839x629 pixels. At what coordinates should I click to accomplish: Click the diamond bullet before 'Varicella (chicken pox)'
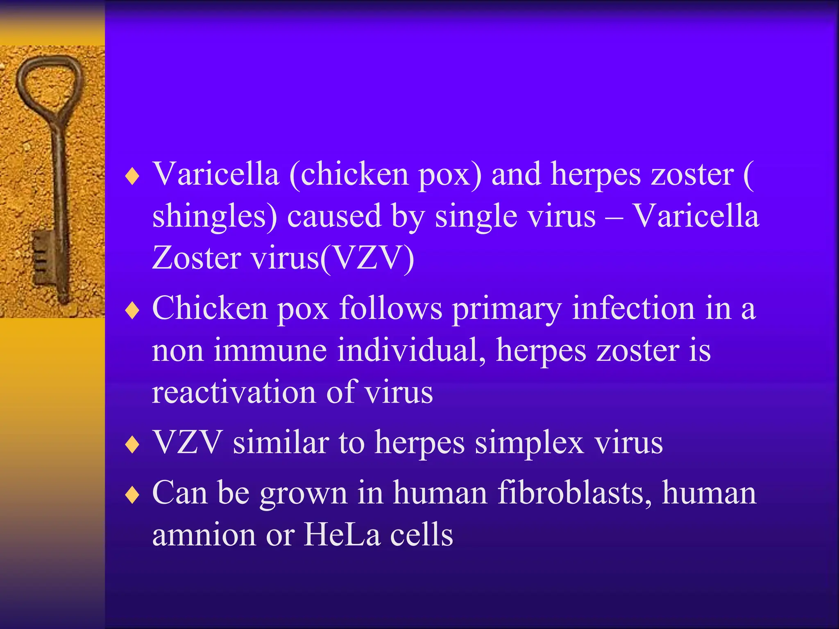coord(132,176)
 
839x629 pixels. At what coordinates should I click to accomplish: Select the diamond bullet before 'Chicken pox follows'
coord(132,310)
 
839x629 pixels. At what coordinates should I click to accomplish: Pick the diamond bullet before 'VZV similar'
coord(132,445)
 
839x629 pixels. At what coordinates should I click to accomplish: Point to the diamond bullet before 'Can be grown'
coord(132,495)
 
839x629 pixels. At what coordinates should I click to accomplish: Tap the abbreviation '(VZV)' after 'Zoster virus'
coord(367,259)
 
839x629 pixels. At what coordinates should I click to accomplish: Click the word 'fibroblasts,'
coord(574,493)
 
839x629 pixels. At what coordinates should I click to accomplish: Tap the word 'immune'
coord(270,351)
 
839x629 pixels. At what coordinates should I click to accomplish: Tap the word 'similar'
coord(281,443)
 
